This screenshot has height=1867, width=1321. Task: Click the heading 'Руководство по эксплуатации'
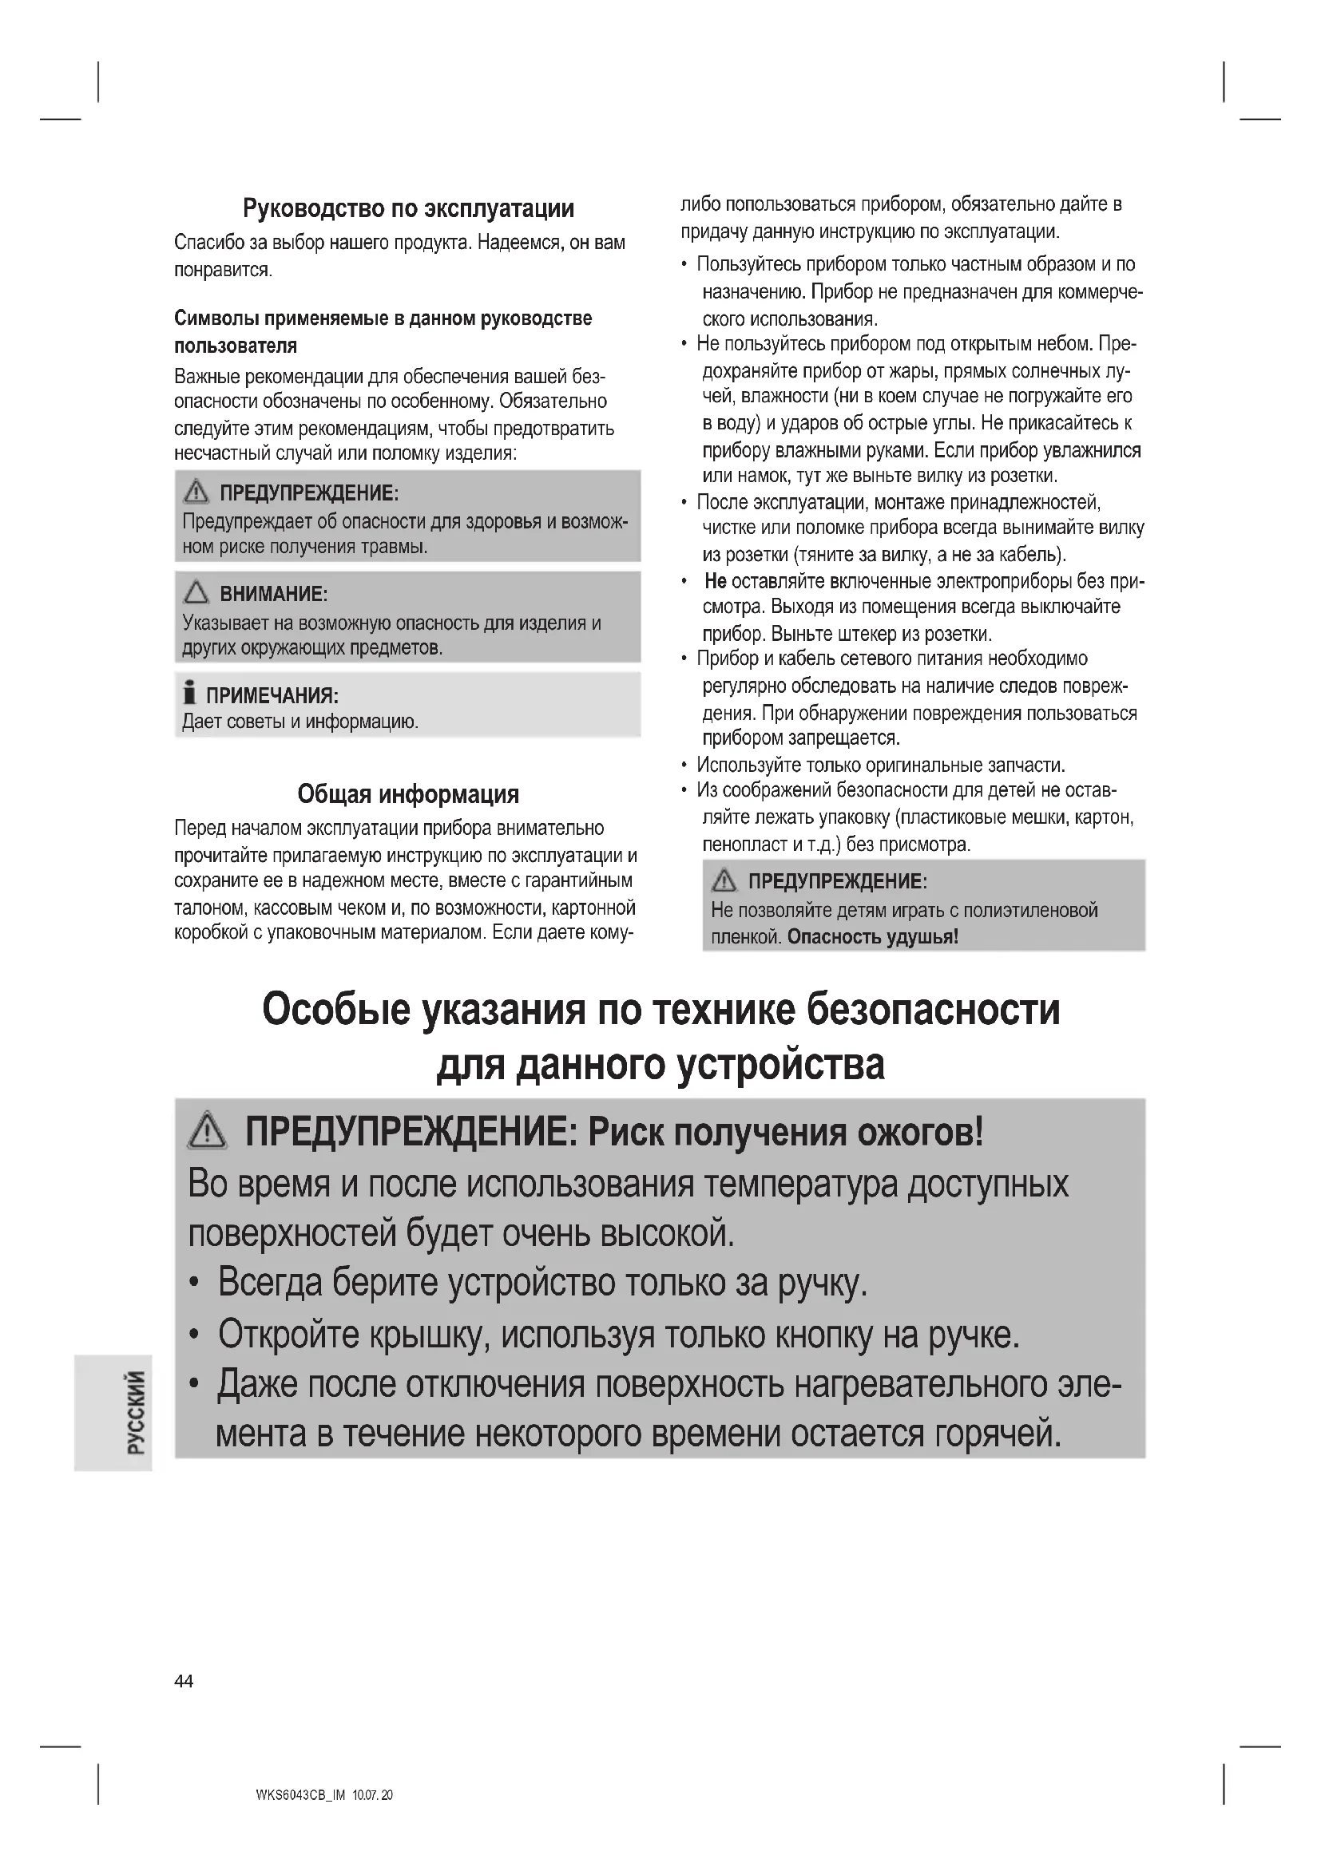point(408,209)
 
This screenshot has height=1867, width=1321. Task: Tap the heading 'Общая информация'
point(407,793)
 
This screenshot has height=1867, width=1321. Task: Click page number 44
point(184,1681)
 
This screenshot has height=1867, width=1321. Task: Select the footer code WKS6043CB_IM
point(300,1794)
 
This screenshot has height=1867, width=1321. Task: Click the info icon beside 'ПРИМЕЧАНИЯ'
point(189,693)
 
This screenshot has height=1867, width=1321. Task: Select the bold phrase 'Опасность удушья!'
point(873,937)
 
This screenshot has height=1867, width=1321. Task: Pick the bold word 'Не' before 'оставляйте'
point(716,580)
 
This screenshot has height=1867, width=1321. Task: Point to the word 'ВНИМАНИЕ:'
point(273,594)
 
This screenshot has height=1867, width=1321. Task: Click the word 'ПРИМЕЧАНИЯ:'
point(272,695)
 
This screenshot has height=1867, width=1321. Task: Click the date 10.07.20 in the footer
point(372,1794)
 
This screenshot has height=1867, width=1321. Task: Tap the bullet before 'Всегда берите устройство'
point(193,1285)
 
